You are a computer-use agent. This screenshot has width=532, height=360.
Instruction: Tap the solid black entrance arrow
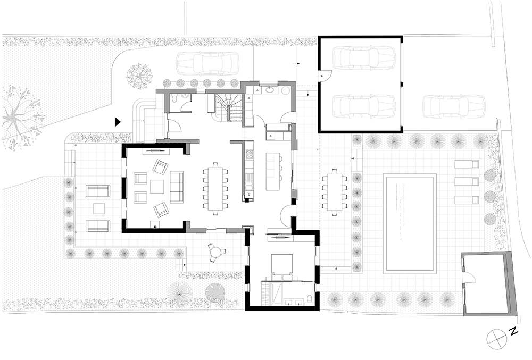point(118,122)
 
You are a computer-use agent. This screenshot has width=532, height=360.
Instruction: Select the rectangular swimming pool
point(410,223)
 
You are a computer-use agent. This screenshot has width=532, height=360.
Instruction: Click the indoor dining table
point(215,188)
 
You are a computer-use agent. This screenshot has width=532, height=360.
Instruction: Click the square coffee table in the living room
point(157,187)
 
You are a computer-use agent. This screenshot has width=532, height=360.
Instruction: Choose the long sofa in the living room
point(177,187)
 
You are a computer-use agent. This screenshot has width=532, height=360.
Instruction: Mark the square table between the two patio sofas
point(99,208)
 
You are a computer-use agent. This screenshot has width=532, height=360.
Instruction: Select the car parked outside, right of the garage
point(454,106)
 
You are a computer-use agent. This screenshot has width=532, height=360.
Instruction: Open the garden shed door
point(469,277)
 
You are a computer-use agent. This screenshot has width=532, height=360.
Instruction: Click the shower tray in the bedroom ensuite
point(275,294)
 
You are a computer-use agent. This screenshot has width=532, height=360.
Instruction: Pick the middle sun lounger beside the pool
point(467,181)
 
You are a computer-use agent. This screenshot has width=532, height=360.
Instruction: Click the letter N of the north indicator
point(513,331)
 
